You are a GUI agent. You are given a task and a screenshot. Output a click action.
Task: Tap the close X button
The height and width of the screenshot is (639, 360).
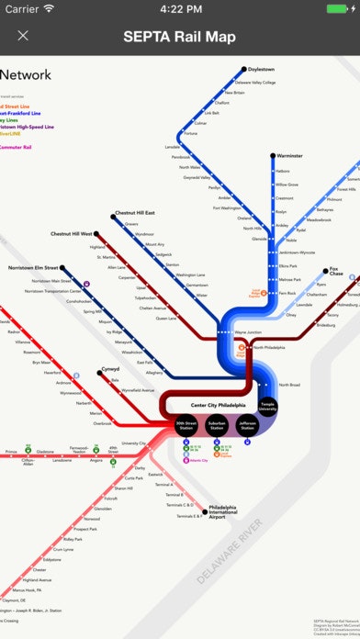click(x=23, y=36)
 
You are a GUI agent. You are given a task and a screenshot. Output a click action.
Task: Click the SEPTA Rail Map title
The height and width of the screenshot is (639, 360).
click(x=180, y=37)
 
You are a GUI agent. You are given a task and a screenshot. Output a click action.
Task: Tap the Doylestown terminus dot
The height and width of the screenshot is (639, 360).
click(x=244, y=69)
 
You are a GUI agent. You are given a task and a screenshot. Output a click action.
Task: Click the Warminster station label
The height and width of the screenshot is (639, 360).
click(x=290, y=156)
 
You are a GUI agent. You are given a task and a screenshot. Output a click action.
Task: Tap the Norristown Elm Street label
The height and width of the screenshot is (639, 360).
click(x=33, y=268)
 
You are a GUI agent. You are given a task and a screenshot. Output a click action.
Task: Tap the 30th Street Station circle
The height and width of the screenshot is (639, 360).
click(x=186, y=426)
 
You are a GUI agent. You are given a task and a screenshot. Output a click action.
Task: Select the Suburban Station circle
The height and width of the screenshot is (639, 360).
click(x=217, y=426)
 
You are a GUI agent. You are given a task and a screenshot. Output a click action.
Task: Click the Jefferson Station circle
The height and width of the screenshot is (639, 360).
click(x=246, y=426)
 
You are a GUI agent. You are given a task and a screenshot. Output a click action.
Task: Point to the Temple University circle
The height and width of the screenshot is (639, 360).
click(x=267, y=407)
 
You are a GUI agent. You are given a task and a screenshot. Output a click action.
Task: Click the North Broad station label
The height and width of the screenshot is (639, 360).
click(x=289, y=385)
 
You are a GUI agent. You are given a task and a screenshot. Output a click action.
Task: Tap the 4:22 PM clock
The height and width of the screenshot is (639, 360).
click(x=180, y=8)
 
